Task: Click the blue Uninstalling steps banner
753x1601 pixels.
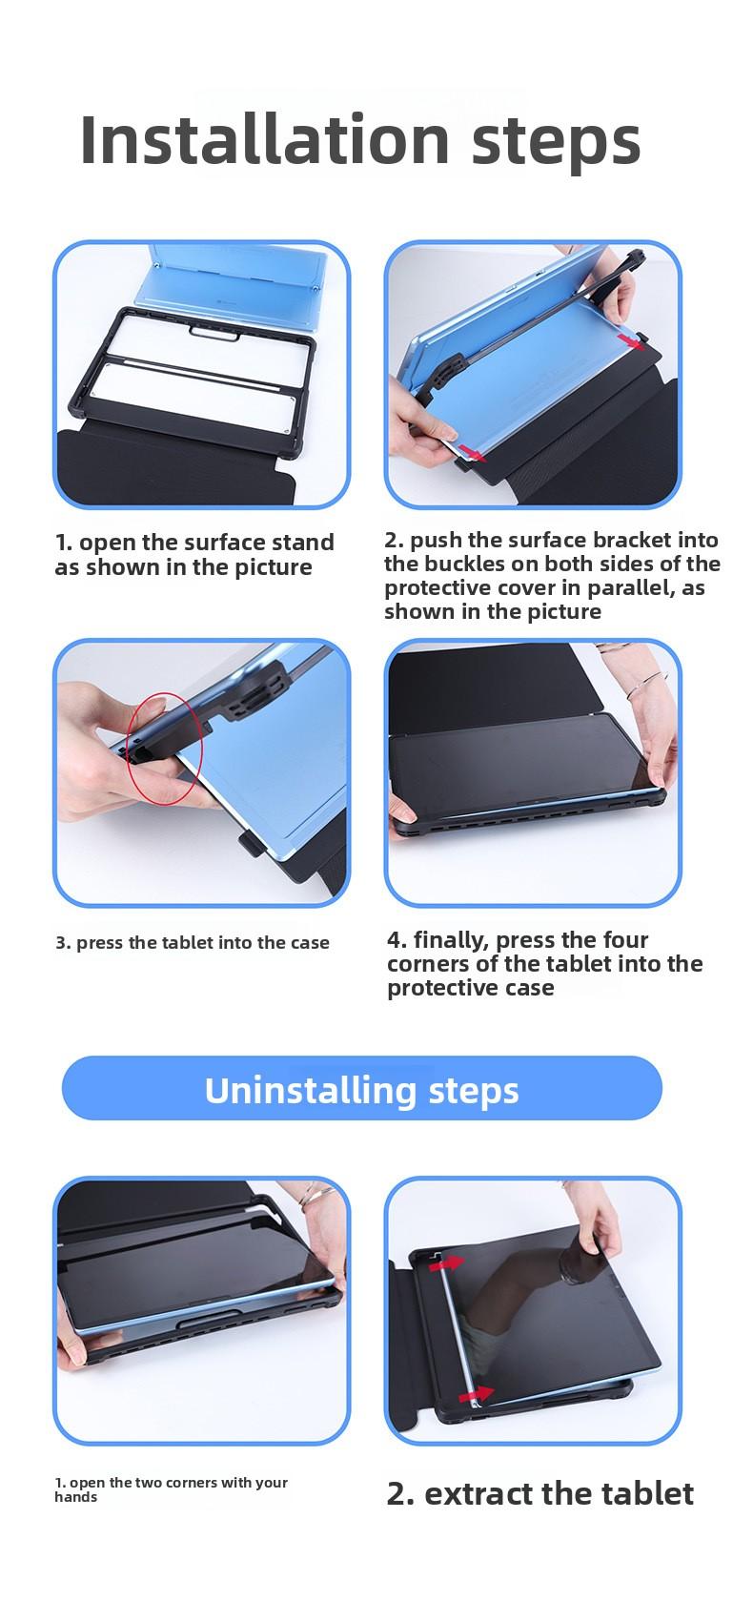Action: [x=361, y=1088]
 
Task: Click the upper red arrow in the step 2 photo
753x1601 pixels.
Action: [x=628, y=339]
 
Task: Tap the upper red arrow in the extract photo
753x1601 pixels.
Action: [x=445, y=1262]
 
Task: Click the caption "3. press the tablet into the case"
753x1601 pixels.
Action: [x=193, y=943]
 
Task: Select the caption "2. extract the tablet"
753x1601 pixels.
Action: [x=539, y=1493]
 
